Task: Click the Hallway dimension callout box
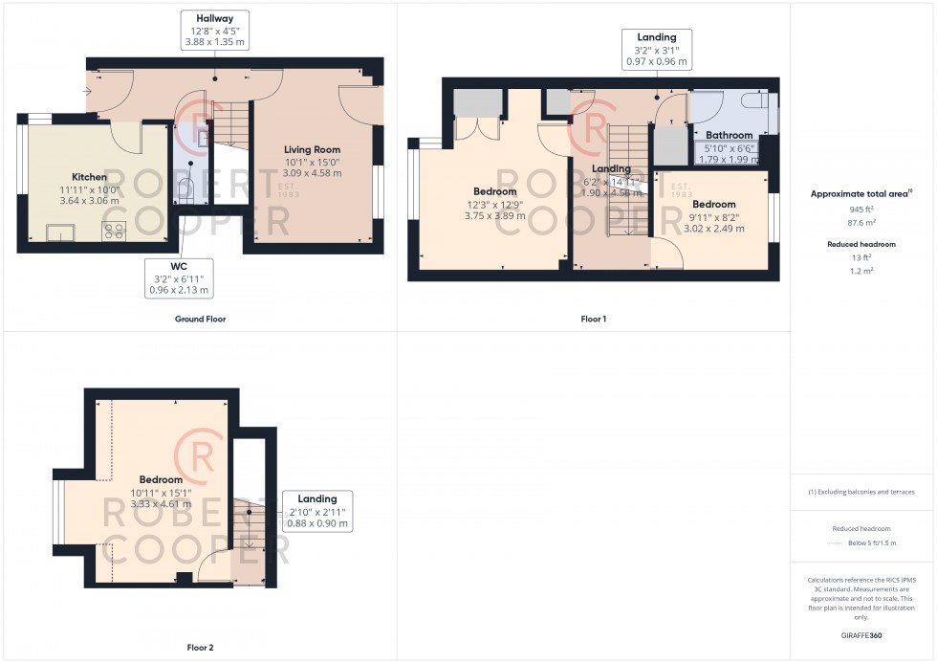coord(214,30)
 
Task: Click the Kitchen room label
coord(89,177)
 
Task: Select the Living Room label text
coord(312,150)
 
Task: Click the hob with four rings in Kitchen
coord(115,231)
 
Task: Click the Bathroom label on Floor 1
coord(729,135)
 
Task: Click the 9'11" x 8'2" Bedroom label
coord(714,205)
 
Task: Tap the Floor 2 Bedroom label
coord(161,479)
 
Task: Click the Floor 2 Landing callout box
coord(317,511)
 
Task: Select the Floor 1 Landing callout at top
coord(657,50)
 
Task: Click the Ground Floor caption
coord(201,319)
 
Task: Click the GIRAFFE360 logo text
coord(861,634)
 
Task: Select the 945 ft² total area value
coord(861,208)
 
